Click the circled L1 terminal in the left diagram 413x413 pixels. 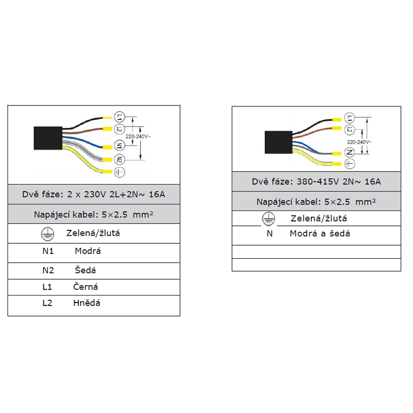pyautogui.click(x=119, y=117)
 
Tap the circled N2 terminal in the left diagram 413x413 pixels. pyautogui.click(x=119, y=159)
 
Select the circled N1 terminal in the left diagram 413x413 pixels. pyautogui.click(x=119, y=145)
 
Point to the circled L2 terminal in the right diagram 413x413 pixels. pyautogui.click(x=350, y=129)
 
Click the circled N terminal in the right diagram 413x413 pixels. pyautogui.click(x=350, y=152)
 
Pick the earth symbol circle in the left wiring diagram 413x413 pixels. pyautogui.click(x=119, y=172)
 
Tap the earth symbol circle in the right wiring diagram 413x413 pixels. pyautogui.click(x=350, y=163)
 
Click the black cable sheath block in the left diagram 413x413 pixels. pyautogui.click(x=48, y=138)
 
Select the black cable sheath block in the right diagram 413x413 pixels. pyautogui.click(x=279, y=142)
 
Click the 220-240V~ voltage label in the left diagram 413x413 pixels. pyautogui.click(x=138, y=136)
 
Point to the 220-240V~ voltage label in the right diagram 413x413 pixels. pyautogui.click(x=359, y=142)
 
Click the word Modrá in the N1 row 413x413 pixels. pyautogui.click(x=88, y=251)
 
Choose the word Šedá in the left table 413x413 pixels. pyautogui.click(x=86, y=270)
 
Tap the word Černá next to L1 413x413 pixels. pyautogui.click(x=86, y=286)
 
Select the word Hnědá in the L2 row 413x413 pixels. pyautogui.click(x=87, y=303)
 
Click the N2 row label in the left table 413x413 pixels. pyautogui.click(x=48, y=270)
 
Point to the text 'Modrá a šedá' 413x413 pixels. pyautogui.click(x=320, y=233)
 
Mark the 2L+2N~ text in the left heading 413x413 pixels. pyautogui.click(x=127, y=195)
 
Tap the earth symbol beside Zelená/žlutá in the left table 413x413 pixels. pyautogui.click(x=47, y=234)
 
